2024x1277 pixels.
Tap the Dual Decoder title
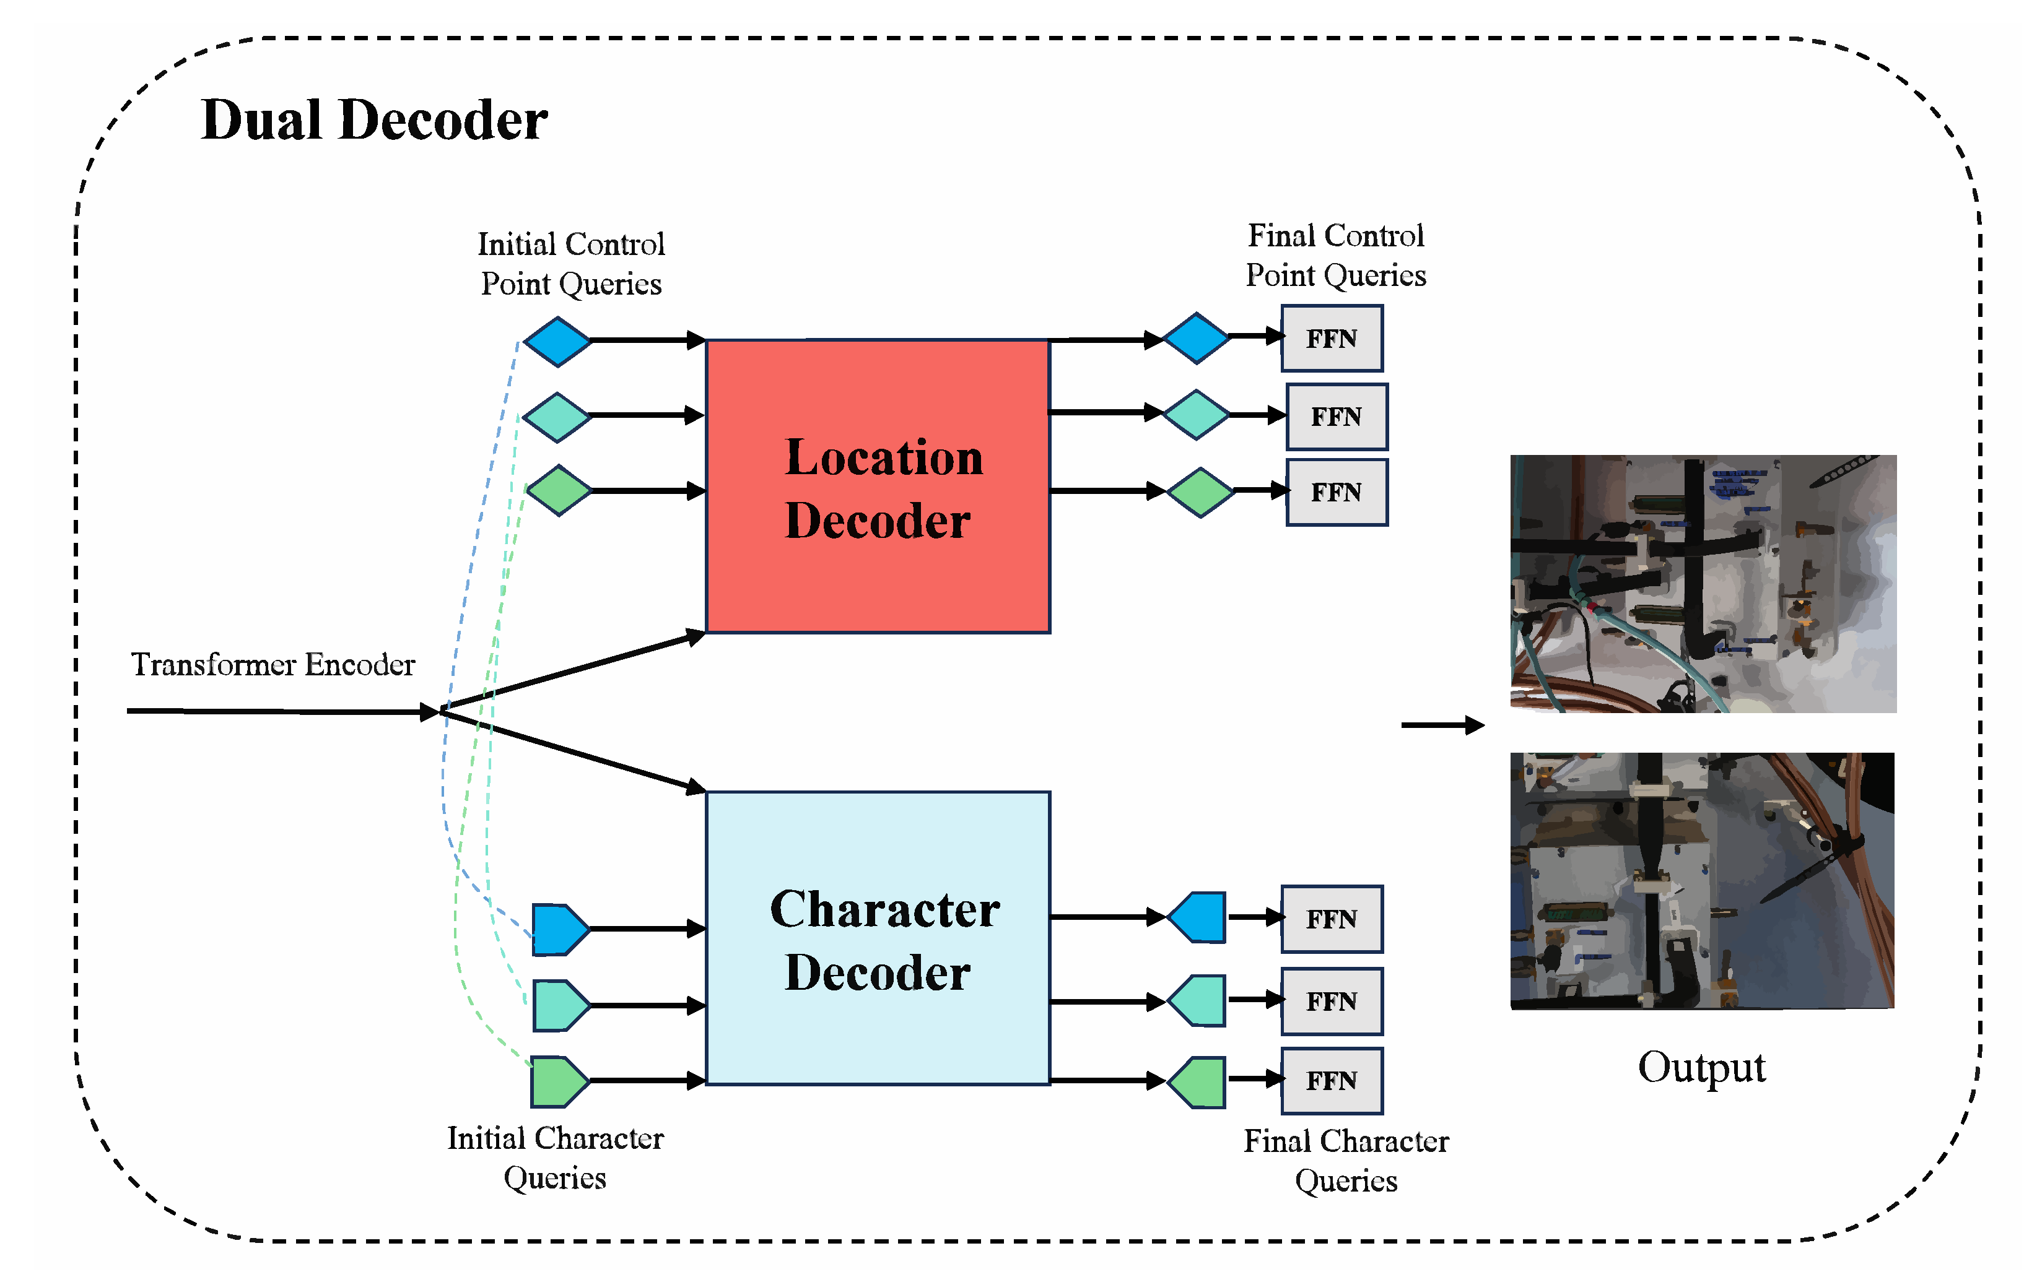374,119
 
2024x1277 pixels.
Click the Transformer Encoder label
273,665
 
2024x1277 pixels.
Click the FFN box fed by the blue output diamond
1332,339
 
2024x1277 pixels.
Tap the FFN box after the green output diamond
1337,492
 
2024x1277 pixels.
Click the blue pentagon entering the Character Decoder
558,929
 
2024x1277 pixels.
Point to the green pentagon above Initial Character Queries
558,1081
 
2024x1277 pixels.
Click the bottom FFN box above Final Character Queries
1332,1080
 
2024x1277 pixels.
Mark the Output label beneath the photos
1701,1068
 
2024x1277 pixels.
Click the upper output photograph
1703,584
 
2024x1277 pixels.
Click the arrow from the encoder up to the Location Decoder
572,672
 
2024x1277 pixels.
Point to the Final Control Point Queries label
1335,256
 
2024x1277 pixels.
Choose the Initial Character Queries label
555,1158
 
